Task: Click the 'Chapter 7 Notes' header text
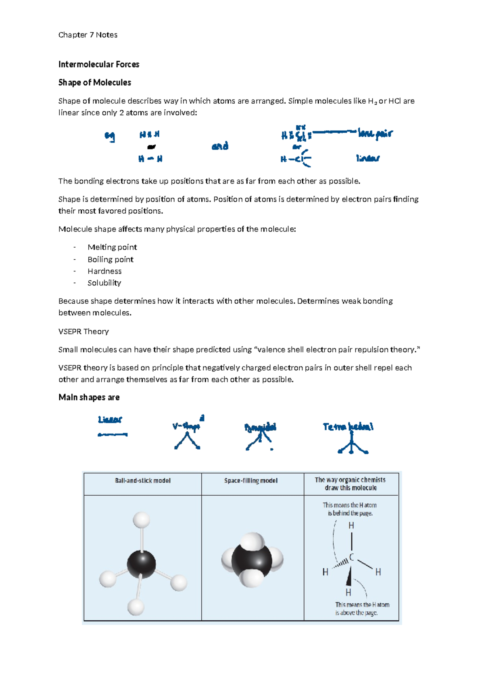pyautogui.click(x=88, y=35)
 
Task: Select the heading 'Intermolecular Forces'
pyautogui.click(x=99, y=65)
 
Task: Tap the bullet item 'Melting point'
pyautogui.click(x=112, y=247)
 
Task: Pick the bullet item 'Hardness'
pyautogui.click(x=104, y=271)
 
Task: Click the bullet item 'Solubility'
pyautogui.click(x=104, y=283)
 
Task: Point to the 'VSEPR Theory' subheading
pyautogui.click(x=83, y=332)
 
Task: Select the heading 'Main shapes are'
pyautogui.click(x=89, y=398)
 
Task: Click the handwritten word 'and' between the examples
pyautogui.click(x=220, y=146)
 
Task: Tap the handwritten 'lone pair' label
pyautogui.click(x=375, y=133)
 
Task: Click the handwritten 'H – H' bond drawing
pyautogui.click(x=150, y=159)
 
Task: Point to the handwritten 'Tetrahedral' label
pyautogui.click(x=348, y=427)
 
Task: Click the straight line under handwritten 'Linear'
pyautogui.click(x=113, y=435)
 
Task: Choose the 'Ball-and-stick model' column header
pyautogui.click(x=143, y=481)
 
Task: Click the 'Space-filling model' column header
pyautogui.click(x=251, y=481)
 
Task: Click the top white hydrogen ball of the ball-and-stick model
pyautogui.click(x=141, y=520)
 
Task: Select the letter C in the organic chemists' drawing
pyautogui.click(x=351, y=557)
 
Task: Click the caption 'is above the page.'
pyautogui.click(x=357, y=613)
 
